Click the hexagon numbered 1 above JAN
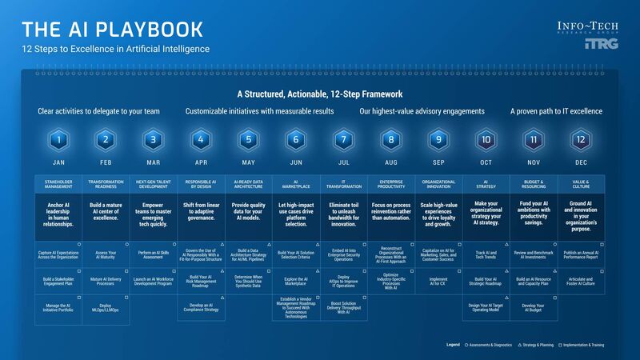(58, 140)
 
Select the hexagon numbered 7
(343, 140)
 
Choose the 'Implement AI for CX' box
(438, 282)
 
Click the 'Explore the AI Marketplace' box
(295, 282)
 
